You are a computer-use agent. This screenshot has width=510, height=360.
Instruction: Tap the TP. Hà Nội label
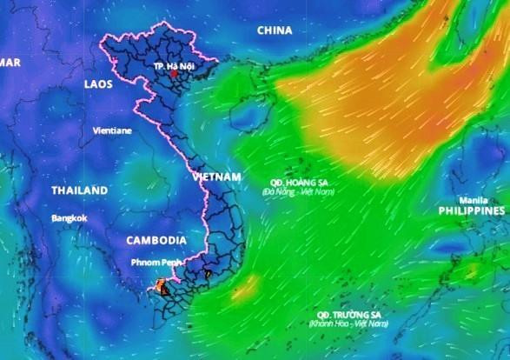tap(173, 66)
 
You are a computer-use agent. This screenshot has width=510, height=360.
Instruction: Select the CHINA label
tap(274, 31)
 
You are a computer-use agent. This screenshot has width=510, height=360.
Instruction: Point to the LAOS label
tap(99, 83)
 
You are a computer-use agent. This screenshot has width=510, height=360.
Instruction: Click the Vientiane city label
tap(112, 130)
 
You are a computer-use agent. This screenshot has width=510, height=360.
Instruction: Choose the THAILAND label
tap(79, 190)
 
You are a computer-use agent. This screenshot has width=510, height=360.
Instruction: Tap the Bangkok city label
tap(69, 217)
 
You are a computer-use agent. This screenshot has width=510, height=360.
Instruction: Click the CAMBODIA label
tap(156, 240)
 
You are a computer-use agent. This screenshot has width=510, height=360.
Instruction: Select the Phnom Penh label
tap(156, 262)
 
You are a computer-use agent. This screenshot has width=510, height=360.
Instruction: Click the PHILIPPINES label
tap(470, 210)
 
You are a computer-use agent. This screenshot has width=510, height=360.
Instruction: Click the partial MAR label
tap(10, 62)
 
